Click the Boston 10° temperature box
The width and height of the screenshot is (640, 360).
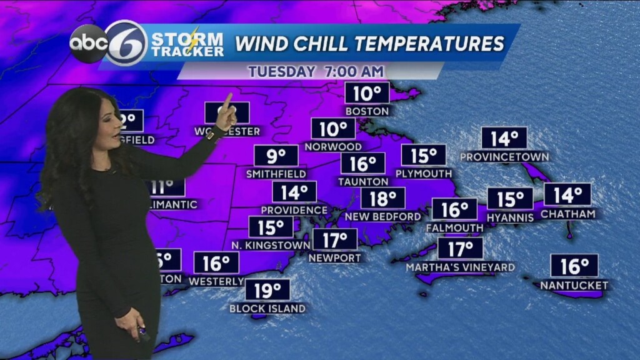click(367, 94)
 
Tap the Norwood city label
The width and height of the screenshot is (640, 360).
click(333, 147)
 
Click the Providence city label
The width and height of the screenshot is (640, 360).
click(294, 210)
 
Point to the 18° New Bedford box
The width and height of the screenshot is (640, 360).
click(382, 199)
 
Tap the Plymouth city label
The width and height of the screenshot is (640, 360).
click(424, 173)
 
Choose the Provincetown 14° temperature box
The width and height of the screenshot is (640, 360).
click(504, 138)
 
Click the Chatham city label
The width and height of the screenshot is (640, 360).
click(567, 214)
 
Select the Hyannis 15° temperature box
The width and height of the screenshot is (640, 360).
click(510, 199)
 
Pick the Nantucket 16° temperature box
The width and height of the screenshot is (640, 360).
click(574, 266)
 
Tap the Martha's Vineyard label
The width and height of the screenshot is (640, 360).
click(460, 267)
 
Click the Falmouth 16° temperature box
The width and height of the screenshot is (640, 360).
click(454, 209)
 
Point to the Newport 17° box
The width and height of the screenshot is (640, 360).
click(335, 239)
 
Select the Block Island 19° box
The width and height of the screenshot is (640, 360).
click(267, 290)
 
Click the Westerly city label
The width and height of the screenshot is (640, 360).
click(216, 281)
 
